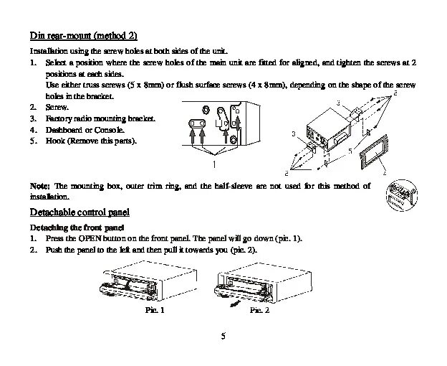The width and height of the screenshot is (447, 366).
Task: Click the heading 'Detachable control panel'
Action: [x=79, y=212]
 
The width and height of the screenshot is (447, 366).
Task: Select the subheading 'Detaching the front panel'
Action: [x=72, y=227]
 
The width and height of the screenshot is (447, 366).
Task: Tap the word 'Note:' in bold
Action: [x=39, y=186]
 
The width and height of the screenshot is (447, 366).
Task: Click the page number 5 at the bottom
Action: [x=223, y=337]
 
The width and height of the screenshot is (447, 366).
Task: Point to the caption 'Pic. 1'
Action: [x=155, y=310]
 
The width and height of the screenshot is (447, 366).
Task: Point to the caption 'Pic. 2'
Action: [x=259, y=310]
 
